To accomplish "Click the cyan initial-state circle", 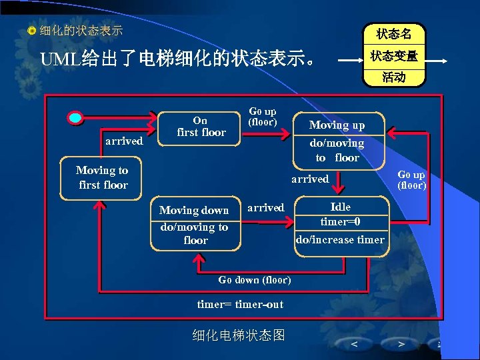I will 77,118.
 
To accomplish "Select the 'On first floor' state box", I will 201,127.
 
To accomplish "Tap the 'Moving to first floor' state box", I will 102,177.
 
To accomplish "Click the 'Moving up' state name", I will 337,125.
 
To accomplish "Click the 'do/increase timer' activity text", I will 340,239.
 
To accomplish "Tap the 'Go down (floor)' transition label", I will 254,279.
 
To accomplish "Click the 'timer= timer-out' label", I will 240,304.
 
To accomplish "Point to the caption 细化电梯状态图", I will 238,335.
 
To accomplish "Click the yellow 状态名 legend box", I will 393,34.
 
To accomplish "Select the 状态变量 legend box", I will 393,57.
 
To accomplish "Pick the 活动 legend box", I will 393,77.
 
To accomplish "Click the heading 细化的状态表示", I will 81,31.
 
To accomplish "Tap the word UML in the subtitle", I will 61,59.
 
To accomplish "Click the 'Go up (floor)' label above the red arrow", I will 262,117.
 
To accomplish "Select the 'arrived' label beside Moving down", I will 265,207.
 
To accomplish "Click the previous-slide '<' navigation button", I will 353,344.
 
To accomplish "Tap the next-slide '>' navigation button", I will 401,344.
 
